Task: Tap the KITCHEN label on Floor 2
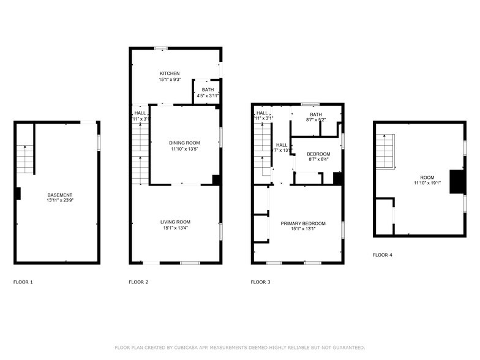pos(170,73)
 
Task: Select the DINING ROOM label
pos(184,143)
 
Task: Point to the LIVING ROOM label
pos(176,222)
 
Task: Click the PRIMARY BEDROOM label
pos(303,223)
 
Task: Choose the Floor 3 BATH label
pos(316,114)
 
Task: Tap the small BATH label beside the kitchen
pos(208,90)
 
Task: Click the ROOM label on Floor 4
pos(427,178)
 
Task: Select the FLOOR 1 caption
pos(23,282)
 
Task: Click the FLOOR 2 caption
pos(138,282)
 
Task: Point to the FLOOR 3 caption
pos(261,282)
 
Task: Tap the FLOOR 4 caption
pos(383,255)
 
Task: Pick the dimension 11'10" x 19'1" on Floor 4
pos(427,183)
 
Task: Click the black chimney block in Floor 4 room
pos(457,182)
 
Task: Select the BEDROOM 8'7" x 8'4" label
pos(318,157)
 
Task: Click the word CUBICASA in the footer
pos(187,347)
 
